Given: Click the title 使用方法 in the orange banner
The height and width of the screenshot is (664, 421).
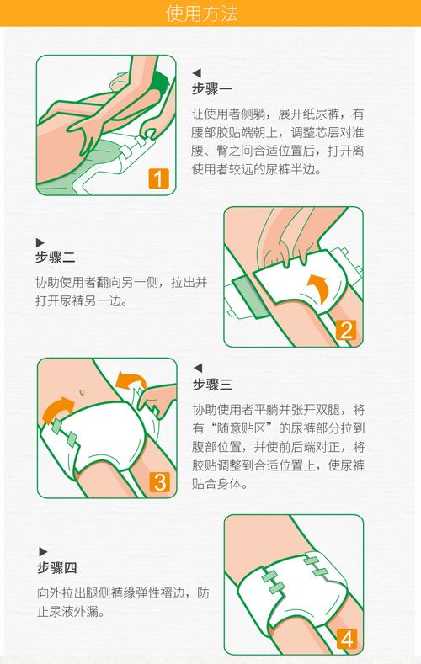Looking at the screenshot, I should tap(210, 14).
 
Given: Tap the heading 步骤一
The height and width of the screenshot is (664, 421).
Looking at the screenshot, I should tap(212, 89).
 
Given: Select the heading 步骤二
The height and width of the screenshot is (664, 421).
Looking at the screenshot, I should tap(56, 258).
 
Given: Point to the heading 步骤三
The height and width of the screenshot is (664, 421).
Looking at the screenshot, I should tap(212, 385).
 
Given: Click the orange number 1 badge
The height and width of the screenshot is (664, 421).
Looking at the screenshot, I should tap(158, 178).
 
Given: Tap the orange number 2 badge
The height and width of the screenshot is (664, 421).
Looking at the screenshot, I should tap(345, 330).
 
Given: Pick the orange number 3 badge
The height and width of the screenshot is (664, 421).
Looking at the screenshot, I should tap(159, 482).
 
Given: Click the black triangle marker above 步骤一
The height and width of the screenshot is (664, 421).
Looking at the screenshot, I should tap(197, 73).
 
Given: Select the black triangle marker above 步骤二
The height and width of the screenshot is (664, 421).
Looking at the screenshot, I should tap(40, 242).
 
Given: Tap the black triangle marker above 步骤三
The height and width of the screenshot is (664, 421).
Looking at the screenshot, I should tap(197, 369).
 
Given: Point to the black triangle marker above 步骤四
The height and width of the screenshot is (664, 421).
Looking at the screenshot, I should tap(40, 551).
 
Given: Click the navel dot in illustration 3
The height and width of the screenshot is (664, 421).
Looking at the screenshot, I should tap(83, 392).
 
